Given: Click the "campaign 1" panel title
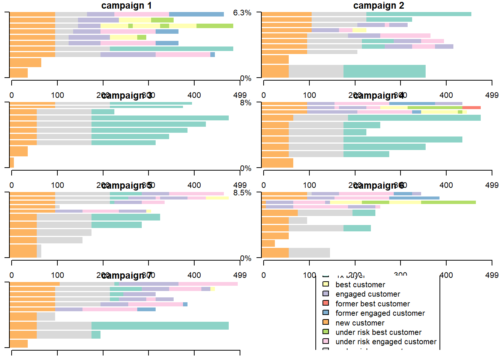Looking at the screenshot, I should pyautogui.click(x=126, y=6).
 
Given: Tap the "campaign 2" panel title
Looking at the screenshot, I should pyautogui.click(x=378, y=6).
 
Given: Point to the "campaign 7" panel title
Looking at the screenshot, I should pyautogui.click(x=126, y=276).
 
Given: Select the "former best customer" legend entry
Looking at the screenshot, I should pyautogui.click(x=372, y=304).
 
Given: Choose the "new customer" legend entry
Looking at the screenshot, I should pyautogui.click(x=360, y=323).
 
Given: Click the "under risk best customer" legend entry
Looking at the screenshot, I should pyautogui.click(x=378, y=332).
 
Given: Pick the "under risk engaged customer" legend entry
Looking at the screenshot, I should pyautogui.click(x=386, y=342).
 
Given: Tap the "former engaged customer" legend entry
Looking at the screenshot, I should pyautogui.click(x=380, y=313).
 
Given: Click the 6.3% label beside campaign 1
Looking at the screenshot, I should pyautogui.click(x=242, y=13).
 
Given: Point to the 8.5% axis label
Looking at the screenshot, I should pyautogui.click(x=242, y=193).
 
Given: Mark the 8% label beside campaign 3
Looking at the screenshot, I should pyautogui.click(x=246, y=103).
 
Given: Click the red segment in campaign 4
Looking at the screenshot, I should pyautogui.click(x=471, y=108).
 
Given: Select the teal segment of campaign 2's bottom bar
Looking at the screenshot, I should pyautogui.click(x=384, y=71).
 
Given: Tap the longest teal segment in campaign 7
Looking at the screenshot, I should pyautogui.click(x=160, y=325).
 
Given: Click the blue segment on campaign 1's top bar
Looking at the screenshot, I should pyautogui.click(x=196, y=14).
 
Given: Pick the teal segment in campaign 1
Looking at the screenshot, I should pyautogui.click(x=171, y=49).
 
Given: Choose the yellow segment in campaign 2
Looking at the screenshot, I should pyautogui.click(x=359, y=30).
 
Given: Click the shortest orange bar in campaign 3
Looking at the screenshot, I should pyautogui.click(x=12, y=162).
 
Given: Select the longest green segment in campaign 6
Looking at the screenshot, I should pyautogui.click(x=448, y=202).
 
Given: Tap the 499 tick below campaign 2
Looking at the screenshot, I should pyautogui.click(x=491, y=95).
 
